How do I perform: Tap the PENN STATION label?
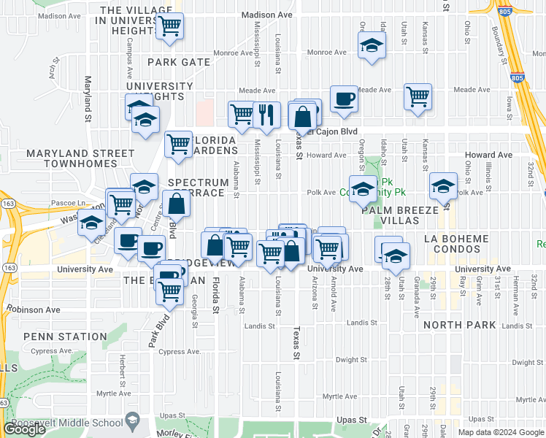(x=65, y=337)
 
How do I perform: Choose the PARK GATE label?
(x=179, y=62)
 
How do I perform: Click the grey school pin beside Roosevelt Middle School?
(x=132, y=420)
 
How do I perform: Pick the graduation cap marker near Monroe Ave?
(x=372, y=45)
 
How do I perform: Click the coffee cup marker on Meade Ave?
(x=344, y=99)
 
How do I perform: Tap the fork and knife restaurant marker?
(x=267, y=113)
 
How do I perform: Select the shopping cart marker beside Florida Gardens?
(x=179, y=144)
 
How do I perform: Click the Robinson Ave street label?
(x=34, y=310)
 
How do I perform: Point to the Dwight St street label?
(x=352, y=360)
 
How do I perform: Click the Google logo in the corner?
(x=23, y=429)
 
